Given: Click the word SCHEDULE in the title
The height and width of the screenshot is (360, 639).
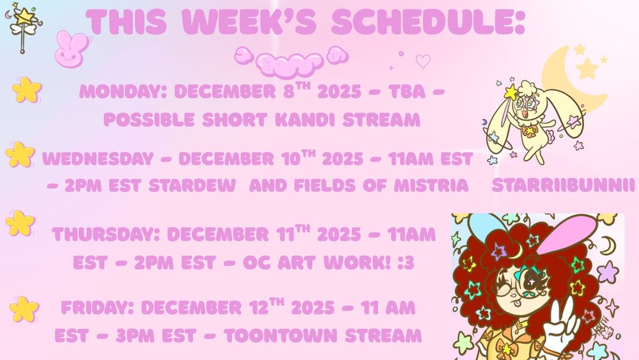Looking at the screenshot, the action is click(x=428, y=22).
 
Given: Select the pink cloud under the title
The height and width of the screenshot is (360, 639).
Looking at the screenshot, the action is click(x=291, y=62).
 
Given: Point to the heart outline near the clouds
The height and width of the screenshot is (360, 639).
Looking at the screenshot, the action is click(x=423, y=61).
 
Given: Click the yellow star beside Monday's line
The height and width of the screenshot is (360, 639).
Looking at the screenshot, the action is click(x=27, y=90).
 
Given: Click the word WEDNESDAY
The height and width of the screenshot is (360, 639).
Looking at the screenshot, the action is click(x=98, y=159).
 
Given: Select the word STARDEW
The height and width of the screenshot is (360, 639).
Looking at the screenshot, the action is click(x=192, y=186).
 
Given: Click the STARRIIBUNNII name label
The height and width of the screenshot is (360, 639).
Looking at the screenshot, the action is click(x=563, y=185).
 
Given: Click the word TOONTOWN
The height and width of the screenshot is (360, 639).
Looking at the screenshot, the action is click(x=281, y=336).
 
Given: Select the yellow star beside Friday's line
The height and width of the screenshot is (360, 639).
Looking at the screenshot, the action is click(x=24, y=309).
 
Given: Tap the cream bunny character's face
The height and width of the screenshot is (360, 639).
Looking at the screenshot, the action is click(x=525, y=104).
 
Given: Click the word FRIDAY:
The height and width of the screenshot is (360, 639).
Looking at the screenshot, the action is click(x=97, y=308).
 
